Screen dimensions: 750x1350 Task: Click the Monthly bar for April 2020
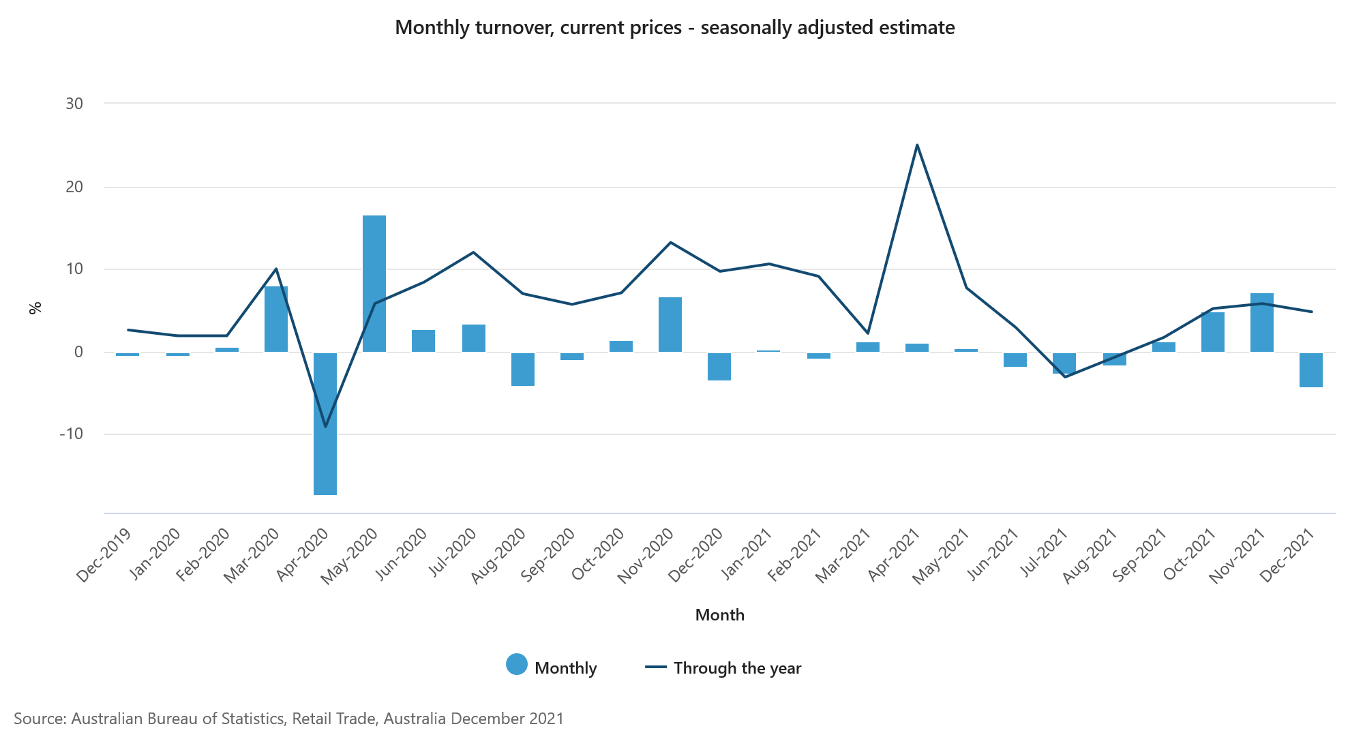(x=325, y=423)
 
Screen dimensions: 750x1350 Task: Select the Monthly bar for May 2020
(x=374, y=284)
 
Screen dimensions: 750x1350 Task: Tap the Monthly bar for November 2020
(x=670, y=325)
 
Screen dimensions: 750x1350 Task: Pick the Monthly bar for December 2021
(x=1310, y=370)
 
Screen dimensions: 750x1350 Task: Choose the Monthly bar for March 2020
(x=276, y=319)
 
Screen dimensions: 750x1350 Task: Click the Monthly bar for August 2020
(x=523, y=369)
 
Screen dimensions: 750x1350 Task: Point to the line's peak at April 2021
(x=917, y=145)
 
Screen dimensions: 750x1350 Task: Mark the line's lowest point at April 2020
(x=325, y=427)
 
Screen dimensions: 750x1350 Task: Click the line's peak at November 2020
(x=670, y=242)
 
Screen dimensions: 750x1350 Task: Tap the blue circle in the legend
(x=517, y=664)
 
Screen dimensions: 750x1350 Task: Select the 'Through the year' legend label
(x=737, y=668)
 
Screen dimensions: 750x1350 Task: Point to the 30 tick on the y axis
(x=74, y=104)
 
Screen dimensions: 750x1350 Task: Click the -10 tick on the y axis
(x=71, y=434)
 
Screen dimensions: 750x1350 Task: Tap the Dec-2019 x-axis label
(x=104, y=555)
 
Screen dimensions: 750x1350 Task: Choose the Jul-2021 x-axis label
(x=1043, y=553)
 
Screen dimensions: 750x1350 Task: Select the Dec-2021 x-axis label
(x=1288, y=555)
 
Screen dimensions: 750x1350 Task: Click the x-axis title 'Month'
(x=719, y=615)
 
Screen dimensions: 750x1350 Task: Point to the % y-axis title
(x=35, y=307)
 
